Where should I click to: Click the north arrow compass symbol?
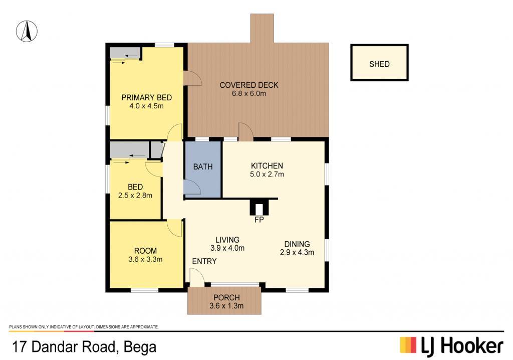click(27, 31)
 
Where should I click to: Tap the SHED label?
click(379, 64)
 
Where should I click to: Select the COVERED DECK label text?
click(249, 85)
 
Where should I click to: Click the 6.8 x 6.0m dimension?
click(249, 93)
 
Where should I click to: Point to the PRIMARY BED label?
click(147, 97)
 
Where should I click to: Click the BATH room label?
click(203, 167)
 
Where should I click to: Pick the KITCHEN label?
click(267, 166)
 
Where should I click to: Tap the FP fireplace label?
click(259, 220)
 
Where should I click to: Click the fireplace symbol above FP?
click(259, 207)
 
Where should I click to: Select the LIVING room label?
click(227, 240)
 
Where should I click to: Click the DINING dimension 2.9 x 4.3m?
click(297, 252)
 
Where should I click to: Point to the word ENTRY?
click(204, 261)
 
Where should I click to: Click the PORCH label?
click(226, 298)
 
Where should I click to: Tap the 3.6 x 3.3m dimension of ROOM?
click(146, 259)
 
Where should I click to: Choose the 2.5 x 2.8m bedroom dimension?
click(135, 195)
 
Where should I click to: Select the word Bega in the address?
click(140, 347)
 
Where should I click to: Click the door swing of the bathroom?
click(192, 188)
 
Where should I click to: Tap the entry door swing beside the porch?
click(197, 277)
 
